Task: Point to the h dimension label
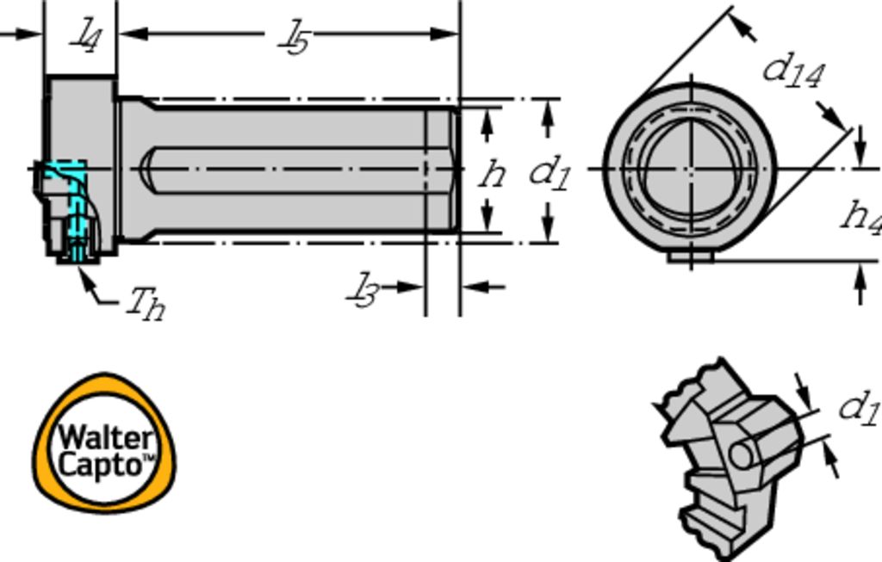492,174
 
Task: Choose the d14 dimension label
793,71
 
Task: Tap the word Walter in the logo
106,437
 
